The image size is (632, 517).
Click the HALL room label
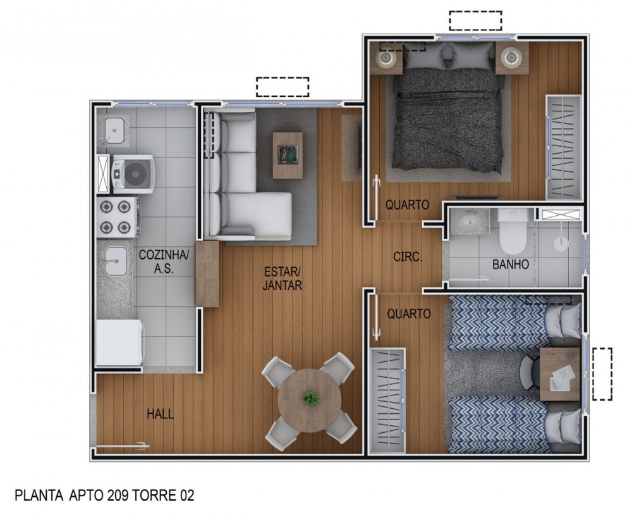tap(160, 414)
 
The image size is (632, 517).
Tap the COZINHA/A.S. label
tap(164, 261)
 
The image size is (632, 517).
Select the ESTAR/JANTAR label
tap(282, 278)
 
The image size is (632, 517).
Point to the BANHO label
tap(511, 265)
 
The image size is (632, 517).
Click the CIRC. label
tap(408, 257)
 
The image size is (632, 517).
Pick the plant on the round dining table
tap(311, 398)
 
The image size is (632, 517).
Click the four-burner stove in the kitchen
tap(118, 216)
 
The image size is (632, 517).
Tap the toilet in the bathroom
tap(513, 230)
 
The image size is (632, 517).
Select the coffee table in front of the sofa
tap(288, 155)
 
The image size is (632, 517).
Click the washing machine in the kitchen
tap(133, 174)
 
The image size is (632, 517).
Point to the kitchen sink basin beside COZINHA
tap(116, 261)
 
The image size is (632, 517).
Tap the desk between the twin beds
tap(560, 374)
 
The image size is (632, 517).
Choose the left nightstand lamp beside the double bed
tap(386, 58)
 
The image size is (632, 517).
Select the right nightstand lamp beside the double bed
tap(511, 58)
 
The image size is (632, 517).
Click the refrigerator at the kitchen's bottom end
tap(119, 342)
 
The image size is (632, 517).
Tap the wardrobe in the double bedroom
tap(564, 147)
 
